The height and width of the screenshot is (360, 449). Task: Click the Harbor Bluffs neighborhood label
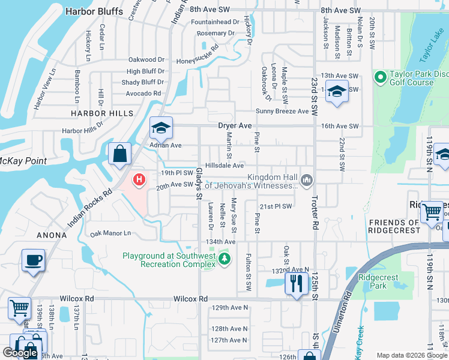[x=94, y=11]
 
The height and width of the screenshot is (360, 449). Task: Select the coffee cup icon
[x=33, y=261]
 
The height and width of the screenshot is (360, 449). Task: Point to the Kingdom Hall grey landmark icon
[x=307, y=179]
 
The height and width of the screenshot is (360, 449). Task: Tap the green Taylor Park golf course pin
[x=380, y=77]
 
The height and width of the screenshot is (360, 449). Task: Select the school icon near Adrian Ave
[x=161, y=127]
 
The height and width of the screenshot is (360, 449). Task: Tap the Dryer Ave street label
[x=234, y=126]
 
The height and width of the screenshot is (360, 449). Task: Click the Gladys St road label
[x=199, y=181]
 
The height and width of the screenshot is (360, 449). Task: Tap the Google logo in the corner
[x=20, y=353]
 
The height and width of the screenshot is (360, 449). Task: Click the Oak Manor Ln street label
[x=110, y=233]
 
